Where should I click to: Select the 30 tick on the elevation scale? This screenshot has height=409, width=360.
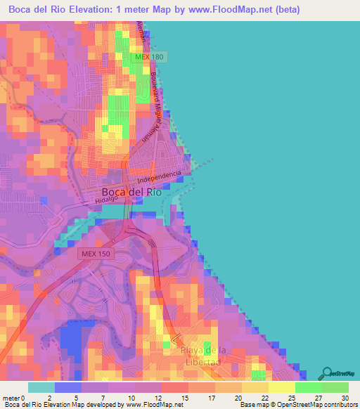(x=345, y=398)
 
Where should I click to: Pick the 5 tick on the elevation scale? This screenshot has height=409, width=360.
(x=75, y=398)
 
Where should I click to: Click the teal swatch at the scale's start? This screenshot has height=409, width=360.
(x=41, y=387)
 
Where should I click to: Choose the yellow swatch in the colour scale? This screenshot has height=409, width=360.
(x=281, y=387)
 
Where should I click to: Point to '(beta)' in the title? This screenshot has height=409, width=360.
(x=285, y=9)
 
